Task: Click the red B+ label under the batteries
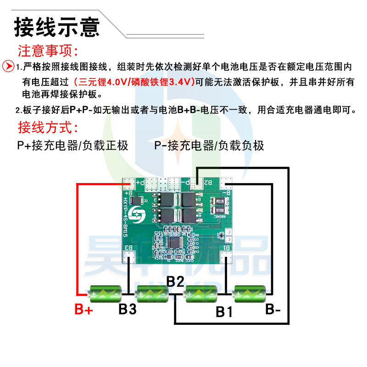pos(84,310)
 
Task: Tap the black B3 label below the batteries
pos(128,309)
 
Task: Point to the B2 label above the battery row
pos(175,281)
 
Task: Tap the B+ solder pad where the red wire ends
pos(129,185)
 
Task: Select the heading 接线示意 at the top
pos(56,26)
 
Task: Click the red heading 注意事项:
pos(49,50)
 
